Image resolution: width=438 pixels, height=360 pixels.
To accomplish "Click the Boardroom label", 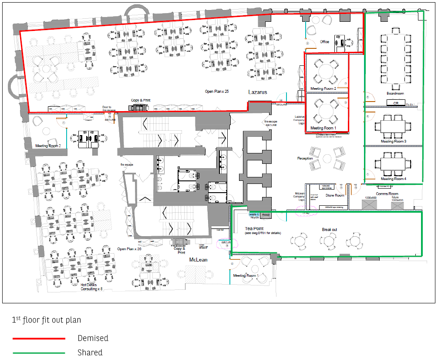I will click(395, 93).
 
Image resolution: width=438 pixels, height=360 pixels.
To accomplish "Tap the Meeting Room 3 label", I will click(393, 141).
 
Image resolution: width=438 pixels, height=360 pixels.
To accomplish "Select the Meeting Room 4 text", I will click(393, 179).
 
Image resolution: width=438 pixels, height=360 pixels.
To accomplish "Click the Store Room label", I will click(335, 195).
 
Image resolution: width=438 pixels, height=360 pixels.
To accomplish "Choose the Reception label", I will click(305, 158).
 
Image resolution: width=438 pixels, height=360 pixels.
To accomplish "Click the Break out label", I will click(329, 229).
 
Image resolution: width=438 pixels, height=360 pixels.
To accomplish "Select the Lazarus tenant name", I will click(257, 92).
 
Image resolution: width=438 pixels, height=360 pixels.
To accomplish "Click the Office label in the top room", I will click(325, 42).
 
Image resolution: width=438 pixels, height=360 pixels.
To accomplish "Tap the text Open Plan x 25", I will click(217, 92).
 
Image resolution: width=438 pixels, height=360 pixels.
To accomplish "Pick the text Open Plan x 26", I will click(129, 249).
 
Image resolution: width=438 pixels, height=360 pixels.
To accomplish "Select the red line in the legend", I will click(39, 338).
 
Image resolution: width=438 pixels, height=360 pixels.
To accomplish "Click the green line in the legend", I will click(39, 353).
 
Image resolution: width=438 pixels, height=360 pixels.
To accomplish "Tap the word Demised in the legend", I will click(93, 338).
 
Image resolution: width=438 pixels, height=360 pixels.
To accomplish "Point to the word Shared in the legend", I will click(90, 353).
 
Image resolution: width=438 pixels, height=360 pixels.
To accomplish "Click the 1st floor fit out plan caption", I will click(46, 320).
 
